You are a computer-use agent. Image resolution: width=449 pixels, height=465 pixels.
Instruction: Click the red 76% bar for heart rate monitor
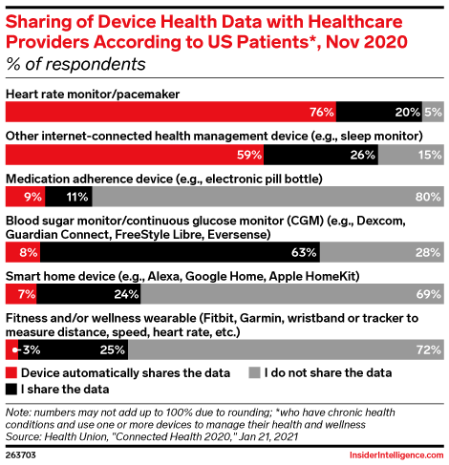(x=171, y=112)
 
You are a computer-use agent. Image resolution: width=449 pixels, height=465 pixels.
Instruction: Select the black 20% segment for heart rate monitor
(x=379, y=112)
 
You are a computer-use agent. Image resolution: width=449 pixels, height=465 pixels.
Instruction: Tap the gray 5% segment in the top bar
(x=433, y=112)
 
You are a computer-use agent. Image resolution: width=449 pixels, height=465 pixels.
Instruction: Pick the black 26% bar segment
(x=321, y=155)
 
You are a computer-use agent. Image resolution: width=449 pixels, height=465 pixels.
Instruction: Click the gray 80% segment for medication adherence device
(x=268, y=197)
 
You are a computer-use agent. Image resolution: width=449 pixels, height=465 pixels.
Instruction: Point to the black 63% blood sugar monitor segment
(x=180, y=252)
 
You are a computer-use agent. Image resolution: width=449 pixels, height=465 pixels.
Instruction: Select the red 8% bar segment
(x=23, y=252)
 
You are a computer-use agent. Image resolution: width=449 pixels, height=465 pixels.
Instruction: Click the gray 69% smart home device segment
(x=292, y=294)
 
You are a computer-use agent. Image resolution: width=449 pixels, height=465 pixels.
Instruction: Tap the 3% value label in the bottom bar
(x=32, y=349)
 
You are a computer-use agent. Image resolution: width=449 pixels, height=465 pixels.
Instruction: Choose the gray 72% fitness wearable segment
(x=286, y=349)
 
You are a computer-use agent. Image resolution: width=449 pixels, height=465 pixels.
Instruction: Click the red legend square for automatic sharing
(x=11, y=372)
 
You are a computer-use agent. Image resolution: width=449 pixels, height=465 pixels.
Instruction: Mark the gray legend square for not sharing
(x=254, y=372)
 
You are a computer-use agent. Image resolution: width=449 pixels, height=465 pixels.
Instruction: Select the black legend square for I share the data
(x=11, y=390)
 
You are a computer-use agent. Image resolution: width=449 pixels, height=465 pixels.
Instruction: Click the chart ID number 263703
(x=21, y=454)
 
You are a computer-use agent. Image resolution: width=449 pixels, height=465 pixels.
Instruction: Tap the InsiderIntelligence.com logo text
(x=396, y=455)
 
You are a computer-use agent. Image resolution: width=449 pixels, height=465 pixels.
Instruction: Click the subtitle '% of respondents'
(x=75, y=64)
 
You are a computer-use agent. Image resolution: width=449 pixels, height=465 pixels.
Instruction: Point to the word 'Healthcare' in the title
(x=355, y=22)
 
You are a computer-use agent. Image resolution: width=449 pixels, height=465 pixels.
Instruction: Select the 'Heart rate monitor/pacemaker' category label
(x=93, y=95)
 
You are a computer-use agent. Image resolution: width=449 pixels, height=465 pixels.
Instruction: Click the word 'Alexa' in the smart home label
(x=164, y=276)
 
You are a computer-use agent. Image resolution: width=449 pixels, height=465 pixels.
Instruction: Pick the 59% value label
(x=249, y=155)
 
